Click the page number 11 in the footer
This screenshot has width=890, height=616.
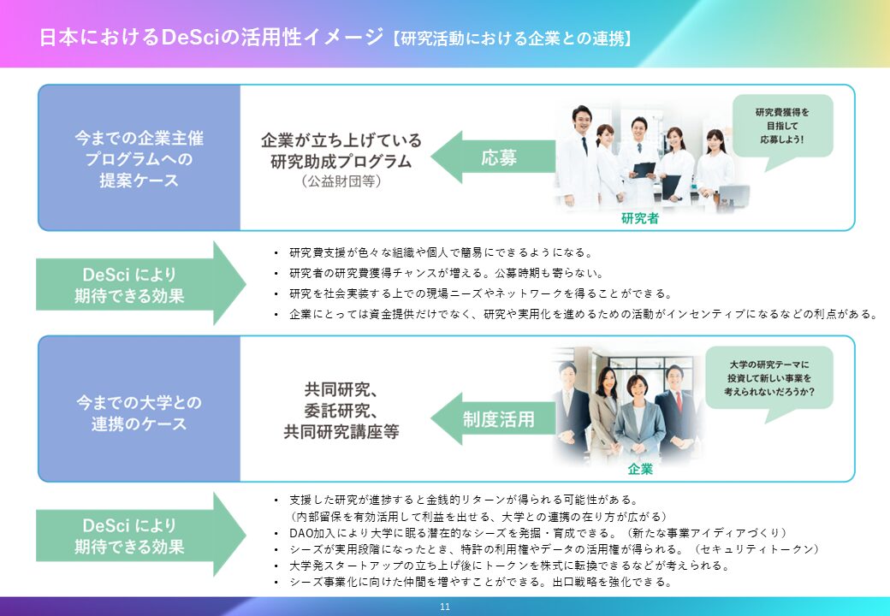point(444,607)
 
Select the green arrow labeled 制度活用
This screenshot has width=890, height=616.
point(493,419)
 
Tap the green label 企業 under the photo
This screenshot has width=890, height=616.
point(639,469)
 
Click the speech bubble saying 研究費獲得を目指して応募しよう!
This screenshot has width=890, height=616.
point(781,125)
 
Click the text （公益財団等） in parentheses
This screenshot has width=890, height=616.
point(341,181)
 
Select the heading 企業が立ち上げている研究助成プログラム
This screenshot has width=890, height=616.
point(341,151)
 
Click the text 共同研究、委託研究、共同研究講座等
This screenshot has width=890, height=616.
point(341,410)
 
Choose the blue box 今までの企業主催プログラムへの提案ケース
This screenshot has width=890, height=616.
point(139,158)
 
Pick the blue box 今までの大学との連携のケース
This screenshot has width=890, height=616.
point(139,412)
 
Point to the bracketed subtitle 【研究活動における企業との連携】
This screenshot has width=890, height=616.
point(512,38)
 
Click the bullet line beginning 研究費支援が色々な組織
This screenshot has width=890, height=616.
point(441,252)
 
